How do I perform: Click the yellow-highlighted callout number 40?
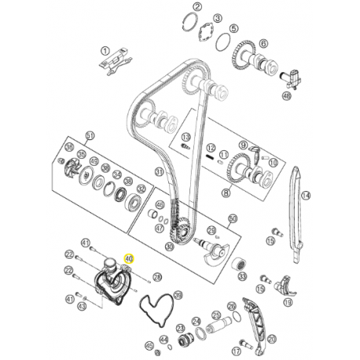130,257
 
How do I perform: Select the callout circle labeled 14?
307,196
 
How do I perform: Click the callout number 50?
232,219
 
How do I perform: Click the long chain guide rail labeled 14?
295,212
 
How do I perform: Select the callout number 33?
241,278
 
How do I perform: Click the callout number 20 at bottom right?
274,339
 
